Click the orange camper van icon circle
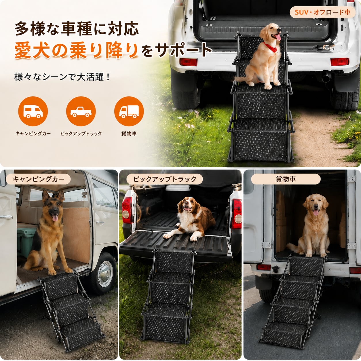(33, 111)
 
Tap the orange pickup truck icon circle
(81, 111)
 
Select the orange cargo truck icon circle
(129, 111)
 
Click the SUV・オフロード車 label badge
(322, 12)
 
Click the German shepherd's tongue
(55, 218)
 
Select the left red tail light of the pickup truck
(127, 210)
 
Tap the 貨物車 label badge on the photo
(286, 179)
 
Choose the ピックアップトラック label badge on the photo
(164, 179)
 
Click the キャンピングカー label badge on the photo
(38, 179)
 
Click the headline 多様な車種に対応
(77, 29)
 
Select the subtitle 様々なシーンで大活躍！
(62, 77)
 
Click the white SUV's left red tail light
(189, 62)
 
